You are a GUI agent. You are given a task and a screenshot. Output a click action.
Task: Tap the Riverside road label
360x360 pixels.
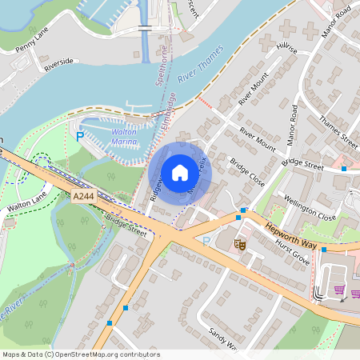tap(58, 64)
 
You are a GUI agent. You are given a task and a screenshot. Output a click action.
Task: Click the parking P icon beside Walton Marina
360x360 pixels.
tap(79, 138)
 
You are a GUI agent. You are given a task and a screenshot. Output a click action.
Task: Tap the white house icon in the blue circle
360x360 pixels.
tap(180, 172)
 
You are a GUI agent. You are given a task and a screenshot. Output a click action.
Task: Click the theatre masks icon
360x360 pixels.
tap(239, 244)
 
